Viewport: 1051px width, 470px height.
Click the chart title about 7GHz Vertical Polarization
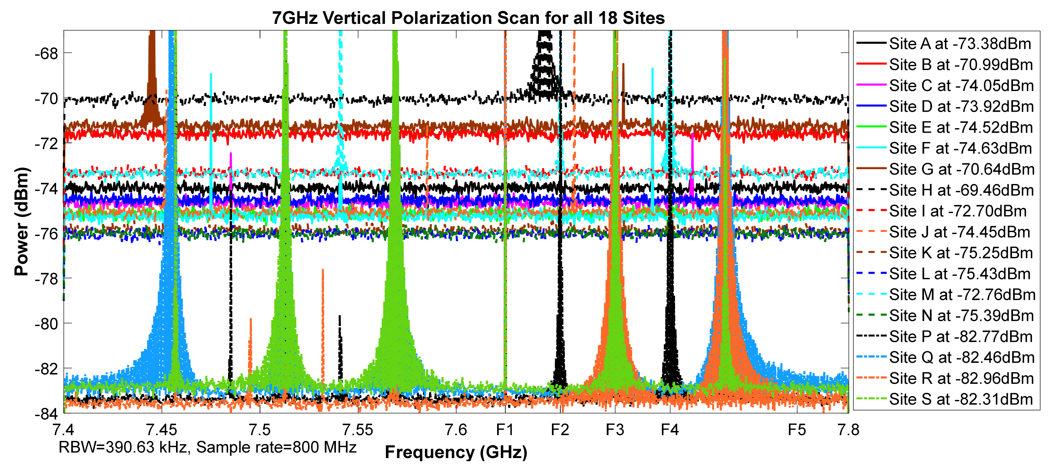tap(468, 18)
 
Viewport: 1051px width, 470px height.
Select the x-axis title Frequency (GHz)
tap(456, 452)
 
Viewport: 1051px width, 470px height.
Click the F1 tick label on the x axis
tap(505, 430)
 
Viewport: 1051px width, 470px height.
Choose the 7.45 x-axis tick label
tap(162, 430)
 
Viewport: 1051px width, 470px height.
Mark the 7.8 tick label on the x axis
tap(848, 430)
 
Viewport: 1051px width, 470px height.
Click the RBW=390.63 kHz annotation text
tap(207, 447)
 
